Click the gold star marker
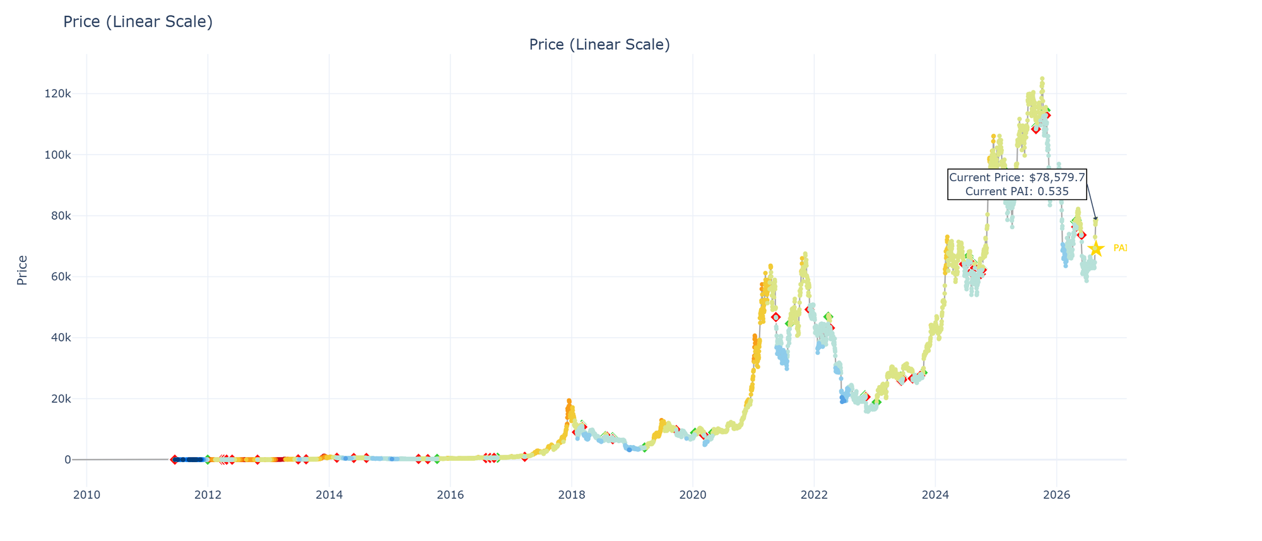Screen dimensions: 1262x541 tap(1096, 248)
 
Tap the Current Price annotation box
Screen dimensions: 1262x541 tap(1017, 185)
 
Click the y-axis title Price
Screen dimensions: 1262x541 tap(22, 270)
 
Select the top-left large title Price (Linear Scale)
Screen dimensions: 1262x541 tap(138, 22)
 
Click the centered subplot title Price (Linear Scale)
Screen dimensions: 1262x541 tap(599, 45)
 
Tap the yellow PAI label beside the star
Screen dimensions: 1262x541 tap(1120, 248)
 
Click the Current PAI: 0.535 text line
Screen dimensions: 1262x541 tap(1017, 191)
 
